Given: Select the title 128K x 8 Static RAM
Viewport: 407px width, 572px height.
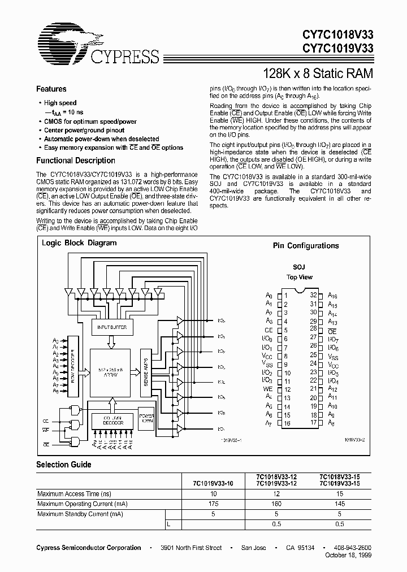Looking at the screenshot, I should [x=319, y=73].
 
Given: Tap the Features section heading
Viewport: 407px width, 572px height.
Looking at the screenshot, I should [x=51, y=89].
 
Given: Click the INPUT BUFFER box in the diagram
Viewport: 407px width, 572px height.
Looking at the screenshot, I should [x=112, y=327].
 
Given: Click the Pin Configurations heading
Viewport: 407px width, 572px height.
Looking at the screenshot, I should [x=306, y=246].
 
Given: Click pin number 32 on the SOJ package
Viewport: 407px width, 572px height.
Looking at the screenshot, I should [x=313, y=295].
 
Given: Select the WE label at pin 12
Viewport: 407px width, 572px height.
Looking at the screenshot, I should [x=268, y=389].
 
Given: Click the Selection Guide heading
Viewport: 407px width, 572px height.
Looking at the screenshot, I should [x=63, y=465].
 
